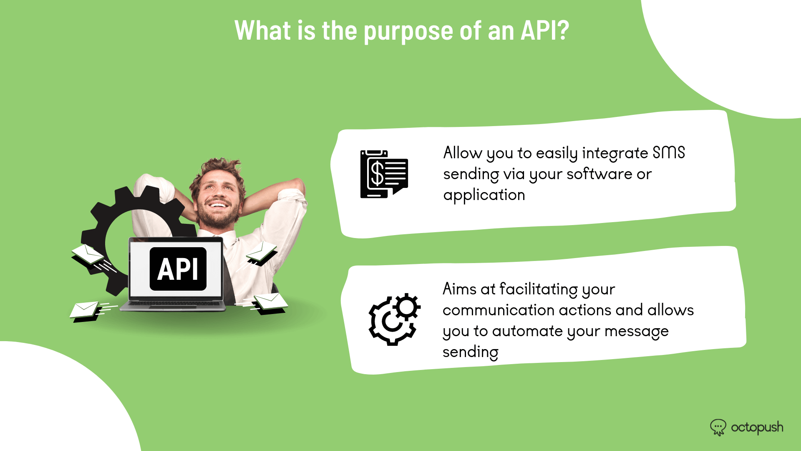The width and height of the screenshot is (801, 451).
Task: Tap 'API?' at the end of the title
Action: (545, 30)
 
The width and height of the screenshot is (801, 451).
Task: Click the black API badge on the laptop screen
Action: (178, 269)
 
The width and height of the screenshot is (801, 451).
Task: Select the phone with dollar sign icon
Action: (384, 174)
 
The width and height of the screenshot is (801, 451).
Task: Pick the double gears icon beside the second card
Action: (395, 319)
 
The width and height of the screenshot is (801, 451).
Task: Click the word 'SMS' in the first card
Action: (669, 153)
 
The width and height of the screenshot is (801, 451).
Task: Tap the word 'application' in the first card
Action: (484, 195)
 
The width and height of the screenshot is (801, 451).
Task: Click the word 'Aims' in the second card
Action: (458, 289)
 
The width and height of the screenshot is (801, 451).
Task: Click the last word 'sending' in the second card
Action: (471, 352)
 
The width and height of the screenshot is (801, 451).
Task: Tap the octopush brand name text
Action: (757, 428)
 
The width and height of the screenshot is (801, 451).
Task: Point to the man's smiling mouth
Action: (218, 205)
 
